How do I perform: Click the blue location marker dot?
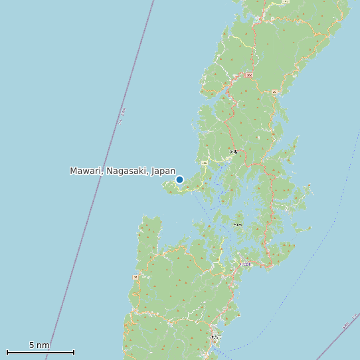179,179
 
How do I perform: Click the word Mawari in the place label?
86,171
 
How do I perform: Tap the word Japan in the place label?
163,171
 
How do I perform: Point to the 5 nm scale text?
39,345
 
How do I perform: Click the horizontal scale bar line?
40,352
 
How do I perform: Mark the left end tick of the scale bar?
7,352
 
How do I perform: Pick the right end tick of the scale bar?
74,352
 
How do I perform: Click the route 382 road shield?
249,76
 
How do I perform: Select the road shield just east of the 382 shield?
274,92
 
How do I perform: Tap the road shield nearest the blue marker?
205,162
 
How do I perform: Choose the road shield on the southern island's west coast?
135,277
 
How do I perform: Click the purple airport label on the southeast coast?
246,264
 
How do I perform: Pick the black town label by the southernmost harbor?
214,338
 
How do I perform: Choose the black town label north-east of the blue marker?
233,152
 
